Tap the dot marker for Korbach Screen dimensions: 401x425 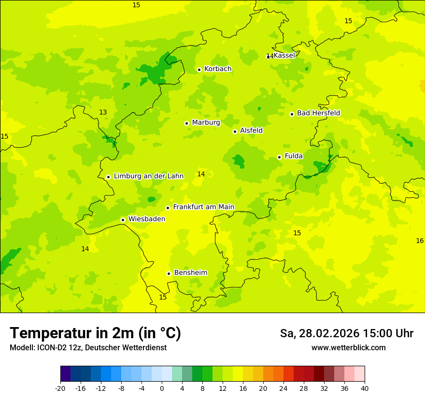coord(199,70)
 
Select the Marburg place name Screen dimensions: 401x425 coord(206,123)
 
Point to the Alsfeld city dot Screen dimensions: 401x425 coord(235,131)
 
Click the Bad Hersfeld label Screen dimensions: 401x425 coord(318,113)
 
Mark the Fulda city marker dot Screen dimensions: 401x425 coord(279,157)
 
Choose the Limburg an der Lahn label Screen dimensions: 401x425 coord(148,176)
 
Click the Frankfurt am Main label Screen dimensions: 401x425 coord(203,207)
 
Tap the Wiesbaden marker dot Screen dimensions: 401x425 coord(123,220)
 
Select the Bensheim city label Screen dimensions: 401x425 coord(190,273)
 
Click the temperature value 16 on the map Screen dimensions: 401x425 coord(420,241)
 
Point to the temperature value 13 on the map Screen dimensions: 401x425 coord(103,112)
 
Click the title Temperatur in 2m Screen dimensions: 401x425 coord(95,333)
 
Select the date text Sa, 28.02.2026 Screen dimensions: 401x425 coord(319,333)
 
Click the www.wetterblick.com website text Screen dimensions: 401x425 coord(348,348)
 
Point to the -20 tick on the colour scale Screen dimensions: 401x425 coord(60,388)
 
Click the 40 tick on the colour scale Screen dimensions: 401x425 coord(365,388)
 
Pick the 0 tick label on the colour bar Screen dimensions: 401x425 coord(162,388)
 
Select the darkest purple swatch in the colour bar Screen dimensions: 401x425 coord(65,374)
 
